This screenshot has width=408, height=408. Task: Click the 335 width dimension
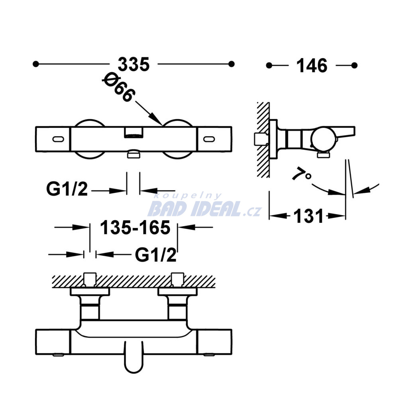[x=134, y=64]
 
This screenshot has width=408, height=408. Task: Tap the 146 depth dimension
[x=312, y=66]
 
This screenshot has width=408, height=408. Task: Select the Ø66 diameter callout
[x=119, y=87]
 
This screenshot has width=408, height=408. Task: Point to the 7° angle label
[x=301, y=175]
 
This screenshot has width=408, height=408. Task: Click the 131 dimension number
[x=308, y=216]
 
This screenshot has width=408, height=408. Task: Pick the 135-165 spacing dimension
[x=135, y=228]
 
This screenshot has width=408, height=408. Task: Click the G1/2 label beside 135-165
[x=156, y=255]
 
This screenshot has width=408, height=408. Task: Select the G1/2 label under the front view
[x=67, y=189]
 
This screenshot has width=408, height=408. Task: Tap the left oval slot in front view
[x=58, y=139]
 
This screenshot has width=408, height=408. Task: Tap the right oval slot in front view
[x=209, y=139]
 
